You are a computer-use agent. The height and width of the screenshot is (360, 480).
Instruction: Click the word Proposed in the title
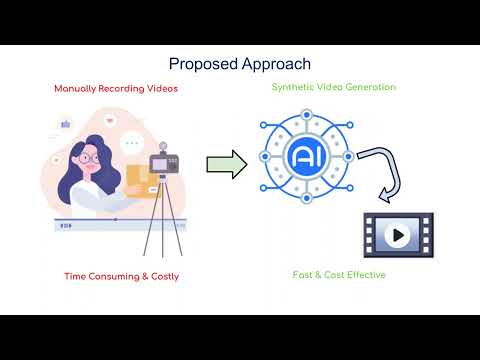click(199, 65)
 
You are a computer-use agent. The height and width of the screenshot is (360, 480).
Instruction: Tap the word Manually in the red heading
click(78, 88)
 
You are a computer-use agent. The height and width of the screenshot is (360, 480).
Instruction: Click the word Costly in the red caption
click(160, 276)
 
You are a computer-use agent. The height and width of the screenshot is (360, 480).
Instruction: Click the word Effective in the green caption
click(363, 275)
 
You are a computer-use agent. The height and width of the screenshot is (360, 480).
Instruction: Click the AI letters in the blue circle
click(304, 158)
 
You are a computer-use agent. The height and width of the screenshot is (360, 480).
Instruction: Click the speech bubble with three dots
click(131, 144)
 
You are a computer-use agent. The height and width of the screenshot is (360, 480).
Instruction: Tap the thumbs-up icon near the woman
click(67, 125)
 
